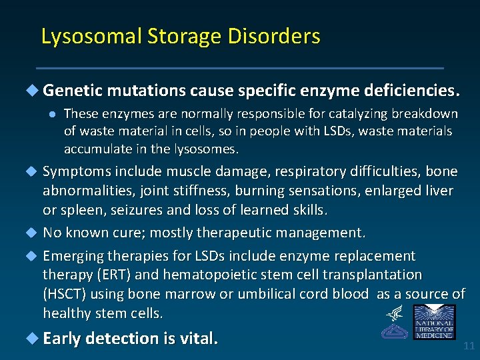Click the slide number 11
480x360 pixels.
(x=469, y=346)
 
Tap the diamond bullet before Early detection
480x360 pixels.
(x=33, y=338)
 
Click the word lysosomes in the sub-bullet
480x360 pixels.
(x=205, y=148)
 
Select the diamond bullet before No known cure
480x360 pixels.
(x=33, y=233)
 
